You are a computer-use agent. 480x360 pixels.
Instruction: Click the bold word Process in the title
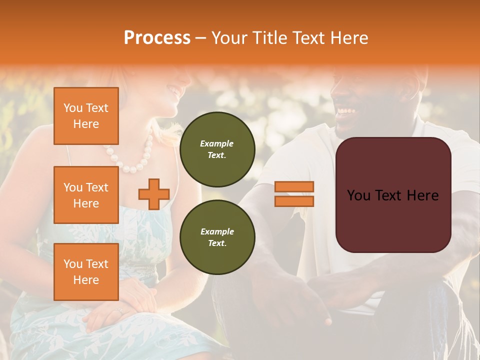coord(157,37)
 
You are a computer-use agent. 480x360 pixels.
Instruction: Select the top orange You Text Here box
coord(86,116)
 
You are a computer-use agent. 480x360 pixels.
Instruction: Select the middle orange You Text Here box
coord(86,195)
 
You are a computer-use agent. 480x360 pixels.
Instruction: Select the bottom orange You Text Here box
coord(86,271)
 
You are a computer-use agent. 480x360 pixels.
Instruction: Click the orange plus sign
coord(154,194)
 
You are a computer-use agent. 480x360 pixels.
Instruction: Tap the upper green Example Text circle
coord(217,149)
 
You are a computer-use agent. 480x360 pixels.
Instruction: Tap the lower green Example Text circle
coord(217,237)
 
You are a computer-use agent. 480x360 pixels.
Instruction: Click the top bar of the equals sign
coord(294,187)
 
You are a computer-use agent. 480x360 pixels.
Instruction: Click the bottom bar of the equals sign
coord(294,201)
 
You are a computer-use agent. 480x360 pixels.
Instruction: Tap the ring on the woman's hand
coord(118,311)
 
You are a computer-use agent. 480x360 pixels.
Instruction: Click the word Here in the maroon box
coord(422,195)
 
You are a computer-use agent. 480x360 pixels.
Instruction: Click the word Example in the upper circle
coord(217,143)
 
